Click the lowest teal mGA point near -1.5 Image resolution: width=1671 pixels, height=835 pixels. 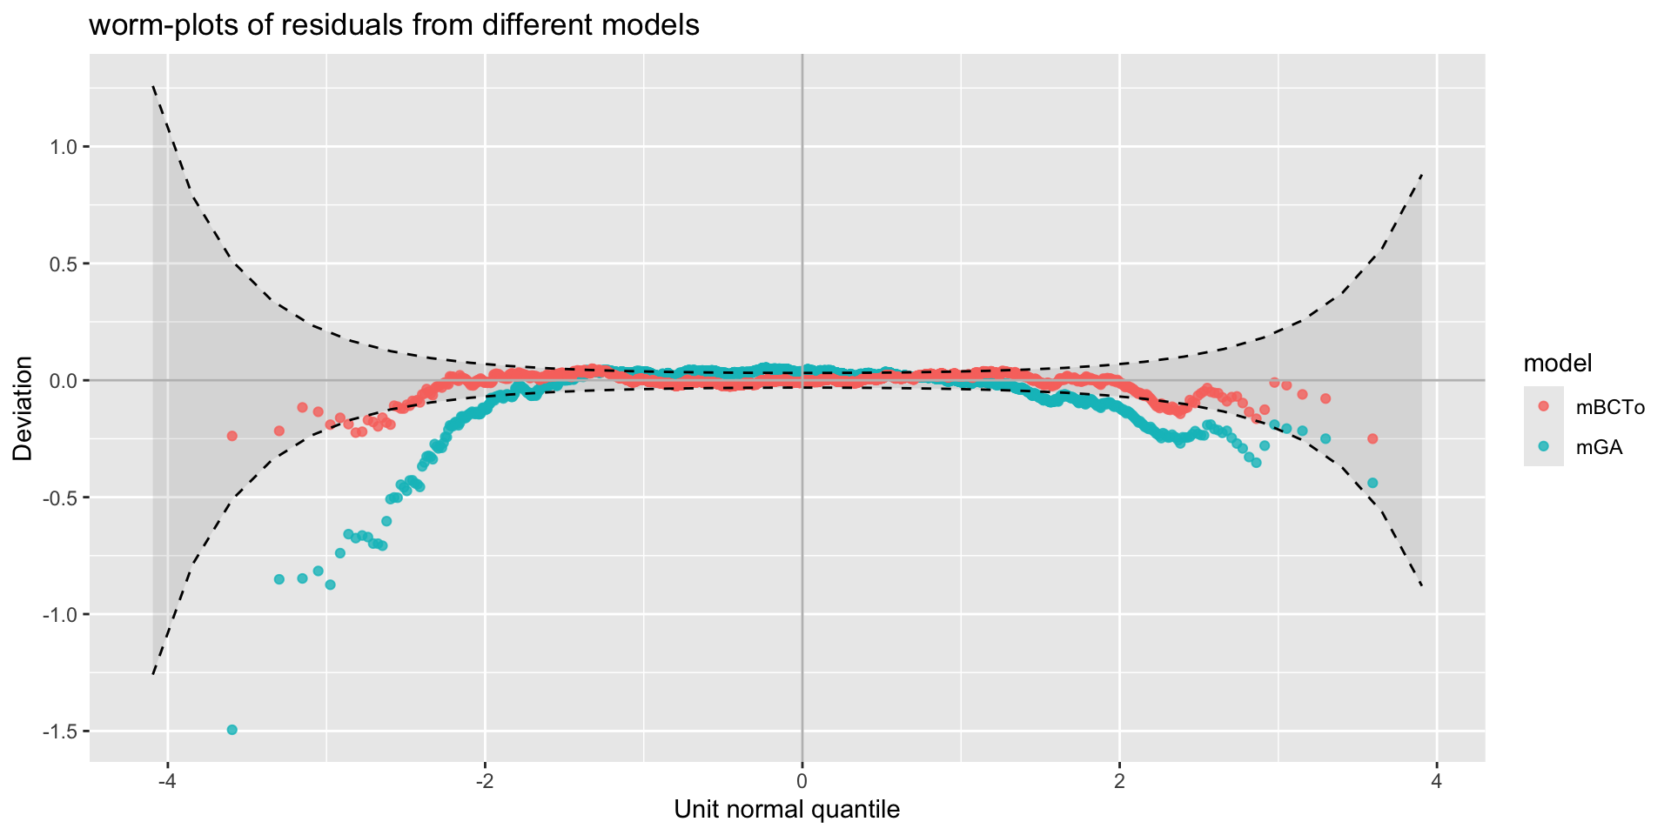point(232,730)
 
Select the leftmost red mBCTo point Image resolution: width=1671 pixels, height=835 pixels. point(232,436)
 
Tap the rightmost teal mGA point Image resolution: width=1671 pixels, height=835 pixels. point(1372,483)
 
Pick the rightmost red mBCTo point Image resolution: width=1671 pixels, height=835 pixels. point(1372,438)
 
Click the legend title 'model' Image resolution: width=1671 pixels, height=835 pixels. point(1557,363)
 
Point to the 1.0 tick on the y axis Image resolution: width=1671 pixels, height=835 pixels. point(65,147)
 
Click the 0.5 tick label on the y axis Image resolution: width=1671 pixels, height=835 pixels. point(65,264)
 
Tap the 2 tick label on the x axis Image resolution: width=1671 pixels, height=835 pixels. point(1120,782)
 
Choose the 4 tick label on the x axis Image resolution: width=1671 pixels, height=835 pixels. point(1437,782)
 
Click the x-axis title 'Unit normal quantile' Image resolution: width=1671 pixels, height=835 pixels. point(787,810)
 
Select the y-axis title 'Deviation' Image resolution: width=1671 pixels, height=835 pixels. point(23,408)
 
